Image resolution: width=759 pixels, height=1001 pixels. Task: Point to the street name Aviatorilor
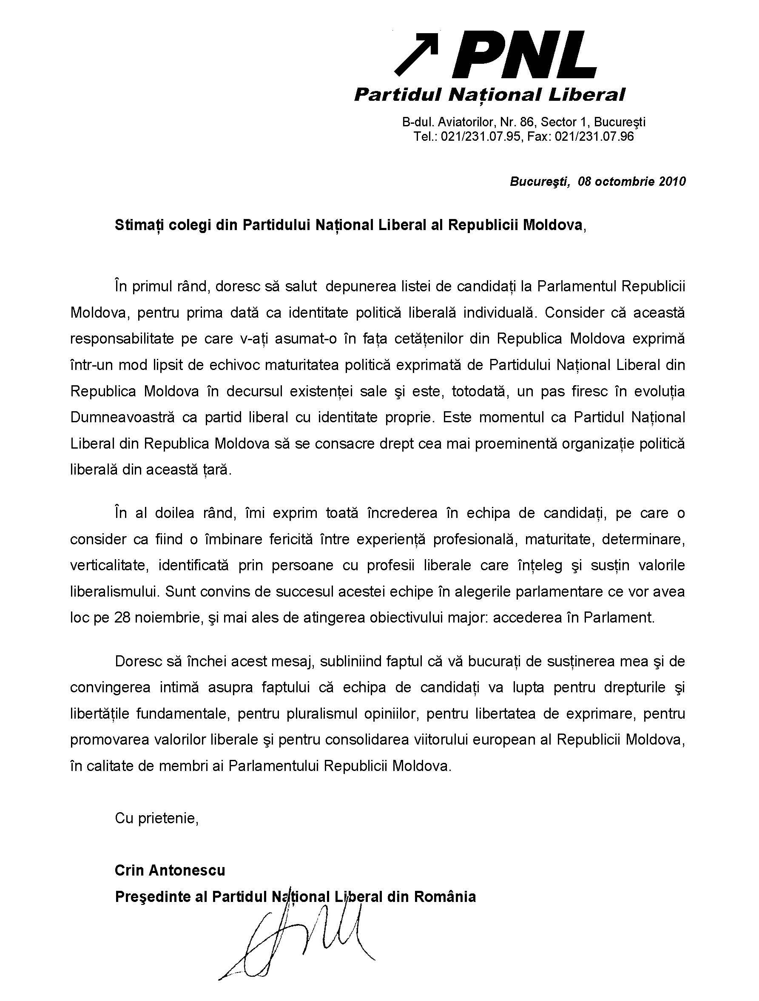(x=466, y=122)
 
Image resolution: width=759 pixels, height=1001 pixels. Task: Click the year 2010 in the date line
(x=672, y=182)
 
